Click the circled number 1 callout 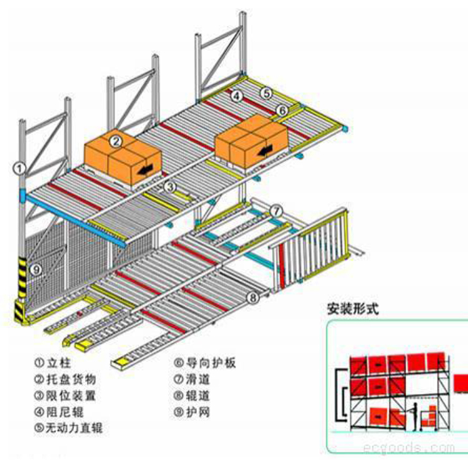21,167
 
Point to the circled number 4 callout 236,95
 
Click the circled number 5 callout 266,93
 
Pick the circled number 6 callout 282,110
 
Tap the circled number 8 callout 253,298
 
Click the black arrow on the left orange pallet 145,168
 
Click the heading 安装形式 353,308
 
